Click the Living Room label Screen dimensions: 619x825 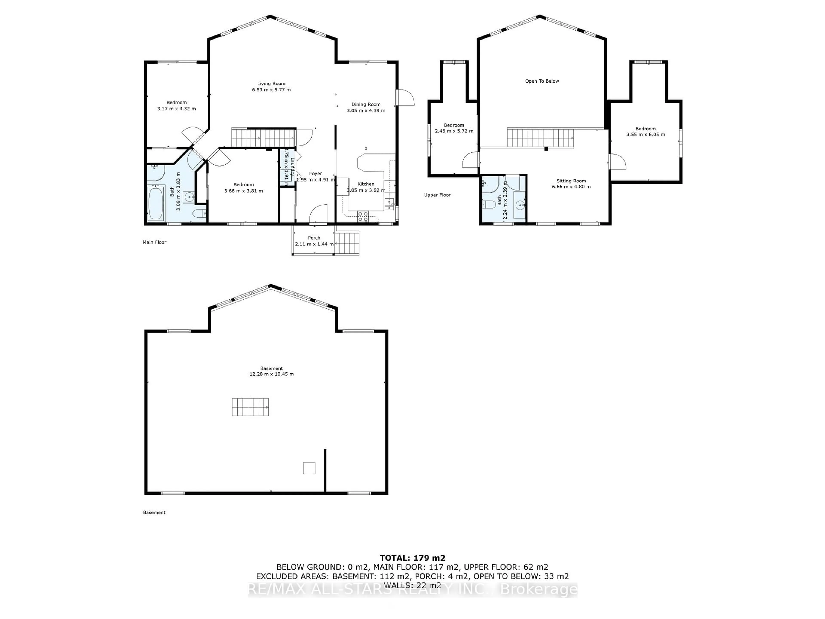click(271, 84)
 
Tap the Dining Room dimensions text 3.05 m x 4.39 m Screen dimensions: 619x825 click(366, 110)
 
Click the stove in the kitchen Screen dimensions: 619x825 click(362, 216)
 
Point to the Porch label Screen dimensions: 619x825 click(314, 238)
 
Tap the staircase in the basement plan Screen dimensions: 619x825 click(250, 407)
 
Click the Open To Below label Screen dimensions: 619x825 click(542, 81)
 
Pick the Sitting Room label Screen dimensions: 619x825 click(571, 181)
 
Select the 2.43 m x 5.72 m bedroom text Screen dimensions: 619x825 click(454, 131)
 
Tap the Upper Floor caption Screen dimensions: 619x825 click(437, 195)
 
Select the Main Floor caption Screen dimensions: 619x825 click(154, 242)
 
